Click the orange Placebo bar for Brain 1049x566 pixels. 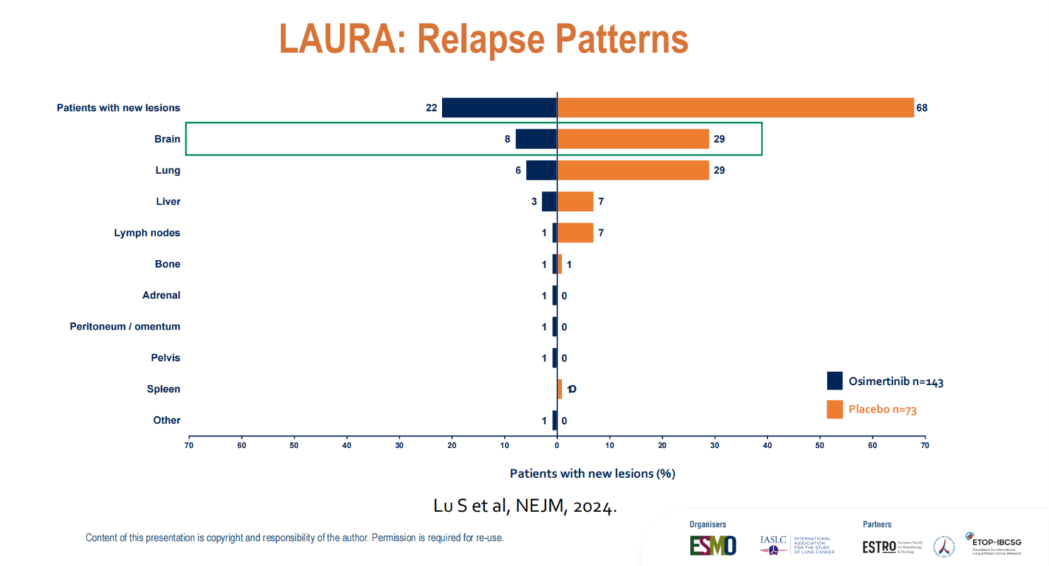coord(632,139)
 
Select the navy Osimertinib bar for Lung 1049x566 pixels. coord(541,170)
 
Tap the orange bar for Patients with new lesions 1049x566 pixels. coord(735,108)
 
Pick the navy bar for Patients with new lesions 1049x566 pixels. coord(499,108)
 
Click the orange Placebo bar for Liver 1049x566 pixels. coord(575,202)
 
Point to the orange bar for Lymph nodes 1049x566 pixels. coord(575,233)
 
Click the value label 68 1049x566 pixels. coord(922,108)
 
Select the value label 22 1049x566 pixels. coord(431,108)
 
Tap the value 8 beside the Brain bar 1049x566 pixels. coord(507,139)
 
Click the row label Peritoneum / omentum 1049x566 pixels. coord(125,327)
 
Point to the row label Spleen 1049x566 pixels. coord(163,389)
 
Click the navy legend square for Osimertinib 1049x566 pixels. coord(835,381)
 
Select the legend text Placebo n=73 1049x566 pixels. coord(878,410)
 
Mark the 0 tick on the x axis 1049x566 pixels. coord(557,445)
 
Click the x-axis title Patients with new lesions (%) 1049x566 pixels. coord(592,473)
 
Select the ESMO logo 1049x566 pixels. coord(713,545)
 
